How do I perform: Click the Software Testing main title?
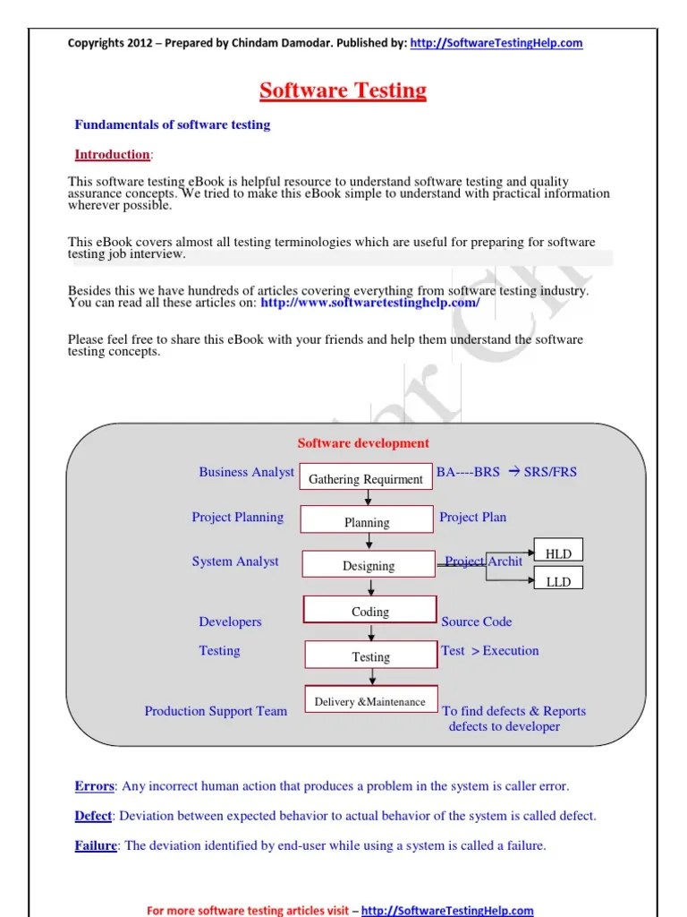click(343, 90)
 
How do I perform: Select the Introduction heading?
click(112, 154)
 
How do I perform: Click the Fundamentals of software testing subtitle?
click(171, 124)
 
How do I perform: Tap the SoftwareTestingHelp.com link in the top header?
click(496, 43)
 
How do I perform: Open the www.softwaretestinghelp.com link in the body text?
click(369, 303)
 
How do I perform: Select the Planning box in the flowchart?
click(367, 522)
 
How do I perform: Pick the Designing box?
click(368, 565)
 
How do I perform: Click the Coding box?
click(369, 611)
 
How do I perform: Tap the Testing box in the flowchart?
click(370, 656)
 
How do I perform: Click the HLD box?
click(557, 553)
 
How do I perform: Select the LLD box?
click(557, 581)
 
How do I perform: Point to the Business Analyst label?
click(246, 472)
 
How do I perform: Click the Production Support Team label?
click(216, 711)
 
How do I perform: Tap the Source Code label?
click(476, 621)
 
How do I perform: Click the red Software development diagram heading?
click(363, 442)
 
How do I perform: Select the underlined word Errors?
click(94, 786)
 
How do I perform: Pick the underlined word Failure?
click(96, 845)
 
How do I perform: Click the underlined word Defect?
click(93, 816)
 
